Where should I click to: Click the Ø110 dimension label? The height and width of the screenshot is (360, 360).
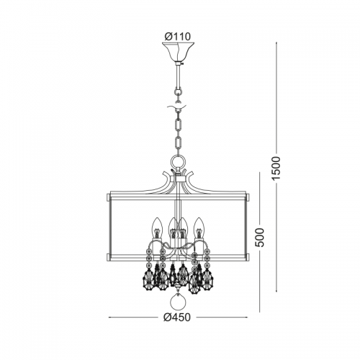tap(178, 37)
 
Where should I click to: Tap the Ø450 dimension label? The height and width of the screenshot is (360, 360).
tap(177, 318)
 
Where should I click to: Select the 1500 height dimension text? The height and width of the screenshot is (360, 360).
tap(276, 168)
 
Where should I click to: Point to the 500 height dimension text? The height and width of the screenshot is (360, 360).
tap(259, 238)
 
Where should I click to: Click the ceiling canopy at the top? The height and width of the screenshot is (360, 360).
tap(178, 53)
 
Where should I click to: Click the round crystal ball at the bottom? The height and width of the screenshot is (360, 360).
tap(178, 303)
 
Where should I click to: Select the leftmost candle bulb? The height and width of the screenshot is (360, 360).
tap(156, 228)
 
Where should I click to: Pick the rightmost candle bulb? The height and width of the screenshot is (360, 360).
tap(199, 228)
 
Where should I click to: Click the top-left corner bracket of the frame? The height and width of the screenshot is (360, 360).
tap(108, 198)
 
